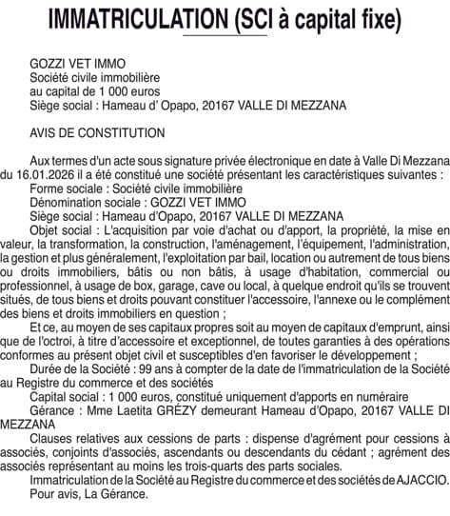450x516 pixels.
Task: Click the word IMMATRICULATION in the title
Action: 131,19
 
